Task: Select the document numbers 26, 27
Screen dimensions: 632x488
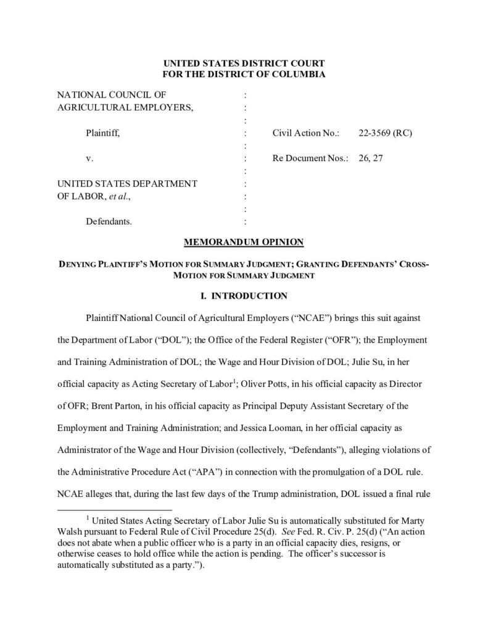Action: click(x=370, y=158)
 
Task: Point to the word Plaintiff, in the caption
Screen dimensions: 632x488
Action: click(x=102, y=133)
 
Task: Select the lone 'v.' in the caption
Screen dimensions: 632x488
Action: click(x=89, y=158)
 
